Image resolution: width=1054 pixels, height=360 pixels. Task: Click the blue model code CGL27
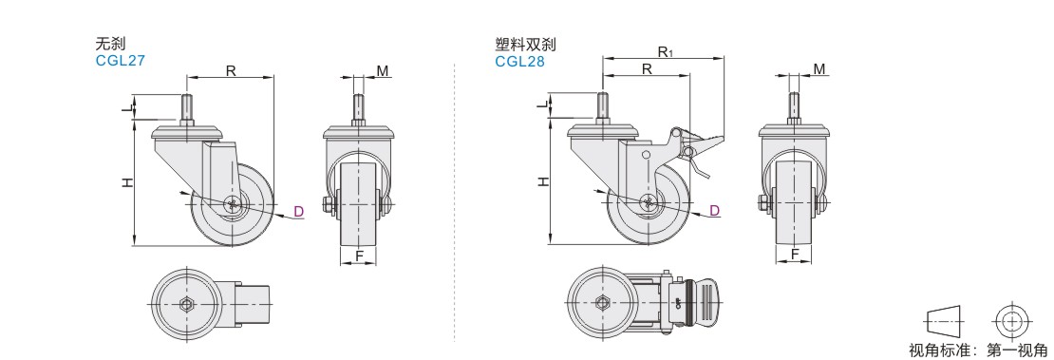pos(121,61)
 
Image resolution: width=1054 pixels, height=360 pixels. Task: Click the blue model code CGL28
pos(519,61)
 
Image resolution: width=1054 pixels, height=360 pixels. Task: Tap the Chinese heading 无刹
pos(111,45)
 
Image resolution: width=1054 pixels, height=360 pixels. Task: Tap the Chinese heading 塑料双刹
pos(526,45)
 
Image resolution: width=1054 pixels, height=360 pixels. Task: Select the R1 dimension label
pos(666,51)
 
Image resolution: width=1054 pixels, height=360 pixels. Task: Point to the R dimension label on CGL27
pos(231,70)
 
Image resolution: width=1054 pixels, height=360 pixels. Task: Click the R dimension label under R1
pos(647,68)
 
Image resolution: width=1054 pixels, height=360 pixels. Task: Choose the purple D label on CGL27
pos(299,212)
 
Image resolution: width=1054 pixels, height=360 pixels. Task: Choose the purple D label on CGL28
pos(715,211)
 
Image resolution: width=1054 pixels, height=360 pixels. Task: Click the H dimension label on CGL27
pos(127,182)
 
